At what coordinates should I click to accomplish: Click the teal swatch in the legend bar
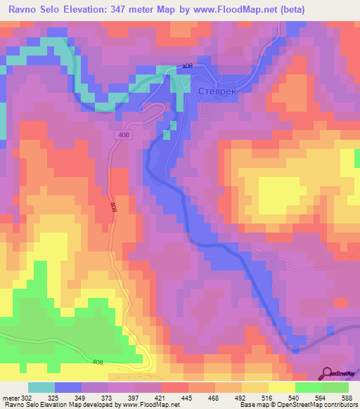point(41,387)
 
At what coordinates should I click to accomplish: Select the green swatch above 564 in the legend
point(309,387)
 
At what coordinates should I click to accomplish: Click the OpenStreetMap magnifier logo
point(328,372)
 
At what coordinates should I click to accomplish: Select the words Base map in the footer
point(250,405)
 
